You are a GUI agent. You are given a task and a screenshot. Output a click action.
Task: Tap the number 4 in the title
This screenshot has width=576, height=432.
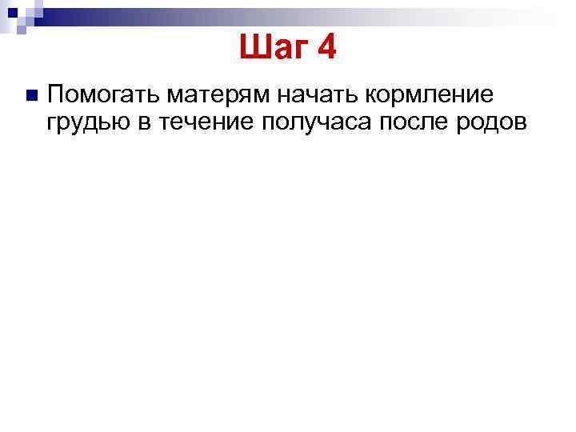326,50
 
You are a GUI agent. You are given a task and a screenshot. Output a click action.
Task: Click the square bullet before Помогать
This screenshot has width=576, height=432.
31,95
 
